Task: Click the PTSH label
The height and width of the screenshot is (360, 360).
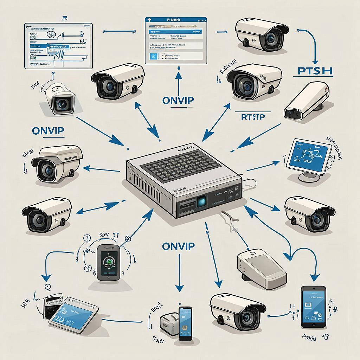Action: [x=312, y=71]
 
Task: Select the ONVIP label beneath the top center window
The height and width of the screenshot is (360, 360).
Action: [x=178, y=101]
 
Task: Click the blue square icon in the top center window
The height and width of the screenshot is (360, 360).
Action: [x=153, y=56]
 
